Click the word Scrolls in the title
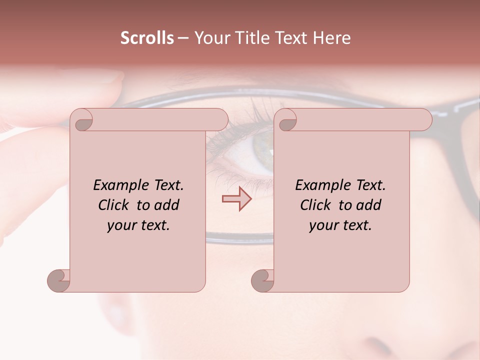(147, 38)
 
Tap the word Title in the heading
(247, 38)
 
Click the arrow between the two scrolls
(236, 199)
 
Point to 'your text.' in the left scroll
(138, 225)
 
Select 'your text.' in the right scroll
(340, 225)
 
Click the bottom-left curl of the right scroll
(261, 280)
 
